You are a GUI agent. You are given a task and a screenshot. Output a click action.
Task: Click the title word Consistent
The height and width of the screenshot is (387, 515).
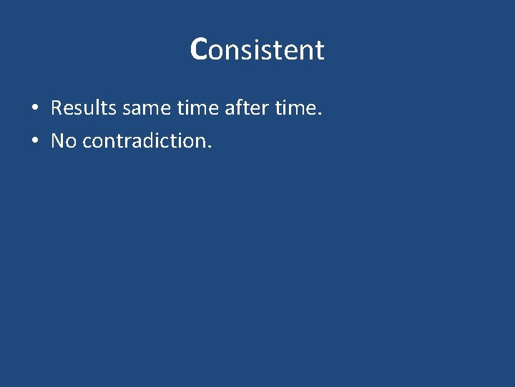[x=257, y=49]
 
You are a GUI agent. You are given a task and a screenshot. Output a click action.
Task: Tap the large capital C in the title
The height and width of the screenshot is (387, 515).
[x=199, y=49]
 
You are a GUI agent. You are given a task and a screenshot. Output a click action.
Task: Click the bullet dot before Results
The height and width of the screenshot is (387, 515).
[x=34, y=109]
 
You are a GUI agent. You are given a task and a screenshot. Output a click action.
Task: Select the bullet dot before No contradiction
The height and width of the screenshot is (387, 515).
[x=34, y=141]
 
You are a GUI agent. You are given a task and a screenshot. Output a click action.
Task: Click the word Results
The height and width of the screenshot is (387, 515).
[x=84, y=108]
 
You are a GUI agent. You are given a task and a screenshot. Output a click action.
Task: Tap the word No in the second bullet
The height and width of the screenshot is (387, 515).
[x=64, y=140]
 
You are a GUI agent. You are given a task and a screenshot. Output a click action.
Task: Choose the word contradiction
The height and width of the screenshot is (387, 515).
[x=145, y=140]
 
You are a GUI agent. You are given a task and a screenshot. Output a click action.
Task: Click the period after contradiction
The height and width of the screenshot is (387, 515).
[x=210, y=146]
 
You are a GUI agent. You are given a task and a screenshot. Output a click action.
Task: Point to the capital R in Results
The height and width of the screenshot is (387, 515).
[x=57, y=108]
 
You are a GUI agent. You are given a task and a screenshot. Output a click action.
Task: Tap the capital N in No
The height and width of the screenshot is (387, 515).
[x=58, y=140]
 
